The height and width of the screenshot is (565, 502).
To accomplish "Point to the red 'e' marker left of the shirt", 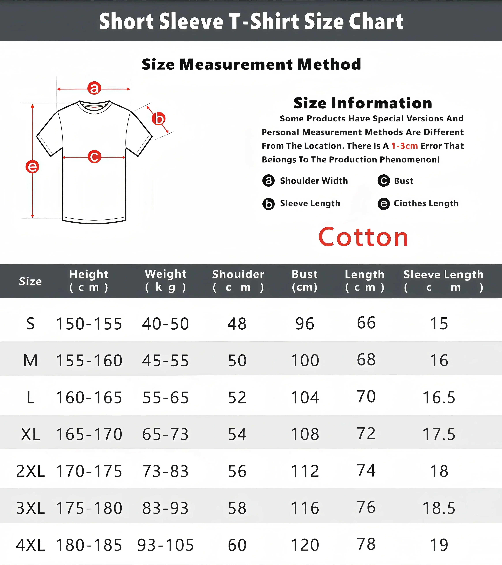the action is pyautogui.click(x=32, y=167).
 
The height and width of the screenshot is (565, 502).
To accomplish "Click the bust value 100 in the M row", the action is pyautogui.click(x=305, y=360).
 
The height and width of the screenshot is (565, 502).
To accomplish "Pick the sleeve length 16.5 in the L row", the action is pyautogui.click(x=439, y=397).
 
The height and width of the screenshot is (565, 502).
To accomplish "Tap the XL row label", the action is pyautogui.click(x=30, y=434).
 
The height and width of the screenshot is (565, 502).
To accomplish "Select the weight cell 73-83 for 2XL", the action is pyautogui.click(x=166, y=471).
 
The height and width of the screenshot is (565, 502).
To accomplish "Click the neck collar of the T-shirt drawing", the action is pyautogui.click(x=94, y=106).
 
